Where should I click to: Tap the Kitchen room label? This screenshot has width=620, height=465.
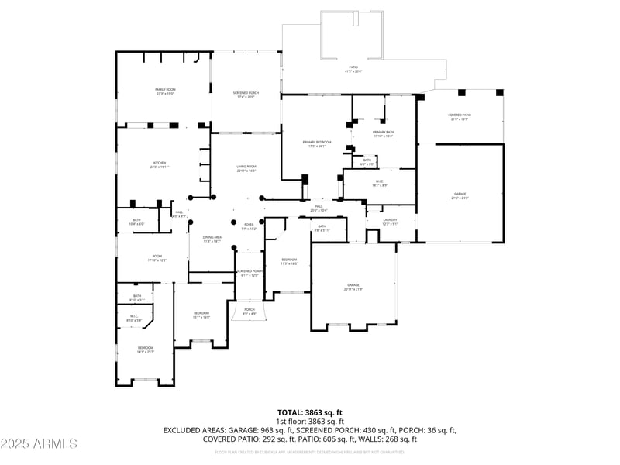pos(160,165)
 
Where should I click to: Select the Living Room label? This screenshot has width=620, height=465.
pos(246,168)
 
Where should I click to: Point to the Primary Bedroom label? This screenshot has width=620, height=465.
pos(317,144)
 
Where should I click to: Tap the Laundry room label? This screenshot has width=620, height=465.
pos(390,222)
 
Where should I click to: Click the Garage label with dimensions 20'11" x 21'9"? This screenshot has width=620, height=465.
pos(353,288)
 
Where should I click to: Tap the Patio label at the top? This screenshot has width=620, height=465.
pos(353,69)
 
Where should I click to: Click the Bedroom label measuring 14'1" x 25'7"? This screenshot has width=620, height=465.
pos(146,350)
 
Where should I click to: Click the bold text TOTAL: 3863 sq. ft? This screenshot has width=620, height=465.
pos(310,412)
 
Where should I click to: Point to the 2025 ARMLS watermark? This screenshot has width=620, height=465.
pos(39,443)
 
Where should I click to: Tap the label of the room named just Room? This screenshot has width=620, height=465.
pos(157,258)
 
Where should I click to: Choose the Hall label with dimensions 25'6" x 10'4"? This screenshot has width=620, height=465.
pos(319,208)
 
